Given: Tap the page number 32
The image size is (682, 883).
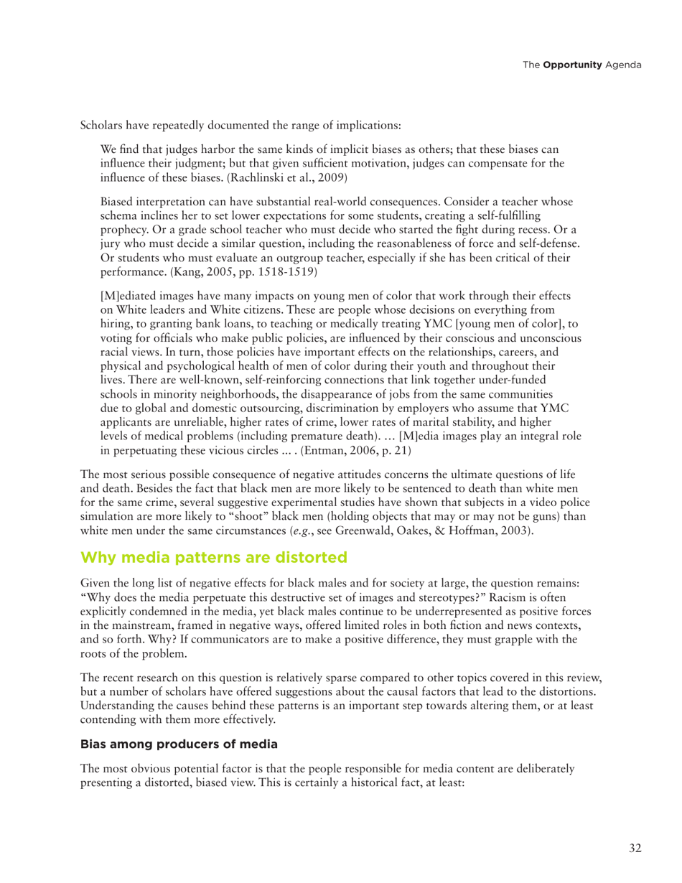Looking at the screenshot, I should [x=635, y=849].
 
